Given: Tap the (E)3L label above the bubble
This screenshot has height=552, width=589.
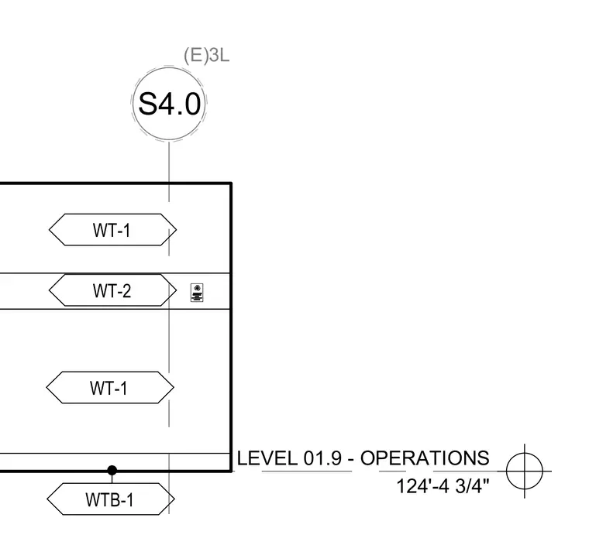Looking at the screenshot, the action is tap(206, 55).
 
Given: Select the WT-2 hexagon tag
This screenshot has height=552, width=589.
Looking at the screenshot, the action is tap(112, 290).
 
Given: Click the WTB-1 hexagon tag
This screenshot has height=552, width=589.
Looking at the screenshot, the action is tap(111, 499).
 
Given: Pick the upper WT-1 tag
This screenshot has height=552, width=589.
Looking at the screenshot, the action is tap(112, 230).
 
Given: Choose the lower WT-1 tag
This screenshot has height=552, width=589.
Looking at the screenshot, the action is tap(110, 388).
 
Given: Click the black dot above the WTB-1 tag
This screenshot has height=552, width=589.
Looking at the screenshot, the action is tap(112, 470).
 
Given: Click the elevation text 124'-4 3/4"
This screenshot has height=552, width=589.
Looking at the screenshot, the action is tap(443, 486).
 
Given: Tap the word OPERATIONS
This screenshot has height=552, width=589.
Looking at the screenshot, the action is tap(425, 458).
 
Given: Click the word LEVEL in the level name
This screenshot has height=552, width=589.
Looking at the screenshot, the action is tap(267, 458).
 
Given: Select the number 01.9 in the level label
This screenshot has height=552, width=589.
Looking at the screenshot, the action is tap(322, 458).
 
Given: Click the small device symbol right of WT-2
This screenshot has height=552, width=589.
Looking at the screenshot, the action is tap(197, 293).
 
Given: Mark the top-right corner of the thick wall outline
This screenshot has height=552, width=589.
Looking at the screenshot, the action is tap(231, 183).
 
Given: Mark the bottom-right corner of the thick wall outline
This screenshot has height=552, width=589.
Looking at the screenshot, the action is tap(231, 471).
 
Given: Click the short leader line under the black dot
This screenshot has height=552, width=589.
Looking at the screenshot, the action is tap(112, 478).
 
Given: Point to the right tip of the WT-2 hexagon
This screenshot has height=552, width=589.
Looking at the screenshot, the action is tap(177, 290).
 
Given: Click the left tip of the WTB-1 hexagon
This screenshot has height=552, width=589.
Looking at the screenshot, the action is tap(47, 499).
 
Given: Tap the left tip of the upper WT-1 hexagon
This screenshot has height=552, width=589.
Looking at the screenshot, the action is tap(49, 230).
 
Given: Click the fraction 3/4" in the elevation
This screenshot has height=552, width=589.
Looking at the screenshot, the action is tap(473, 486).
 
